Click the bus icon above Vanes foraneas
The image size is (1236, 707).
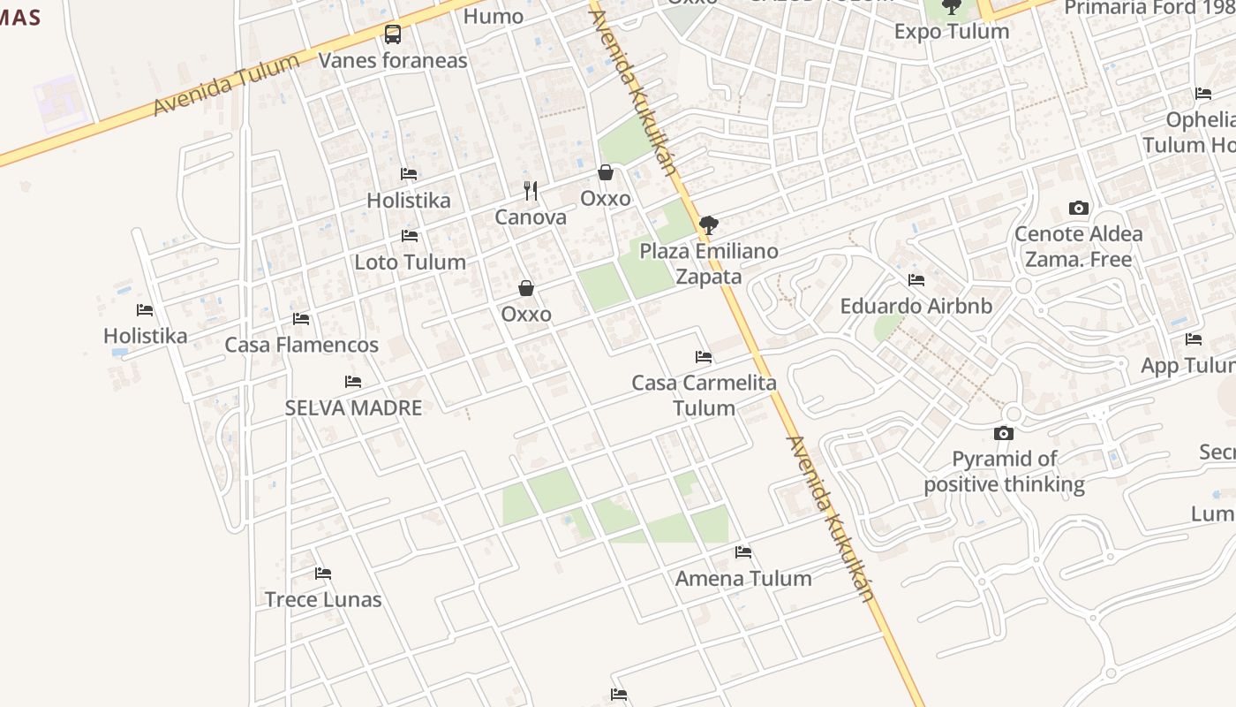pyautogui.click(x=393, y=34)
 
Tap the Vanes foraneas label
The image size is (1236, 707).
pyautogui.click(x=393, y=61)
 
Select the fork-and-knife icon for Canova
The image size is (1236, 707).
pyautogui.click(x=530, y=190)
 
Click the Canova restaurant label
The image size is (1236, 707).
pyautogui.click(x=530, y=217)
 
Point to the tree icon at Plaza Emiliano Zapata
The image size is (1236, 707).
pyautogui.click(x=708, y=224)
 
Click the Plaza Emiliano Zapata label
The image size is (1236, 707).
pyautogui.click(x=709, y=263)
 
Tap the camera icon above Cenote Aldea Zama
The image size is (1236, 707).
pyautogui.click(x=1078, y=209)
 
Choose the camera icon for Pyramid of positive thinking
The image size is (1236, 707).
pyautogui.click(x=1004, y=433)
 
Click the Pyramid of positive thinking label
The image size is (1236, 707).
pyautogui.click(x=1004, y=471)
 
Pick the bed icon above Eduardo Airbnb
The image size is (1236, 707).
pyautogui.click(x=916, y=280)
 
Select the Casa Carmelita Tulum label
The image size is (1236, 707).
pyautogui.click(x=704, y=395)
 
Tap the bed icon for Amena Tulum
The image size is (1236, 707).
pyautogui.click(x=743, y=552)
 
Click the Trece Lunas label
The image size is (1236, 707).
pyautogui.click(x=323, y=599)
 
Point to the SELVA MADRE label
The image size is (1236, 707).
pyautogui.click(x=353, y=407)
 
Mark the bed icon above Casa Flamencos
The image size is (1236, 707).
pyautogui.click(x=301, y=319)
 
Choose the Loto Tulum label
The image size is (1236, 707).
pyautogui.click(x=410, y=262)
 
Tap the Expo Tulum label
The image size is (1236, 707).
pyautogui.click(x=951, y=32)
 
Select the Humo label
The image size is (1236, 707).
pyautogui.click(x=493, y=16)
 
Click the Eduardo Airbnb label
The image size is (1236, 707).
pyautogui.click(x=916, y=307)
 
